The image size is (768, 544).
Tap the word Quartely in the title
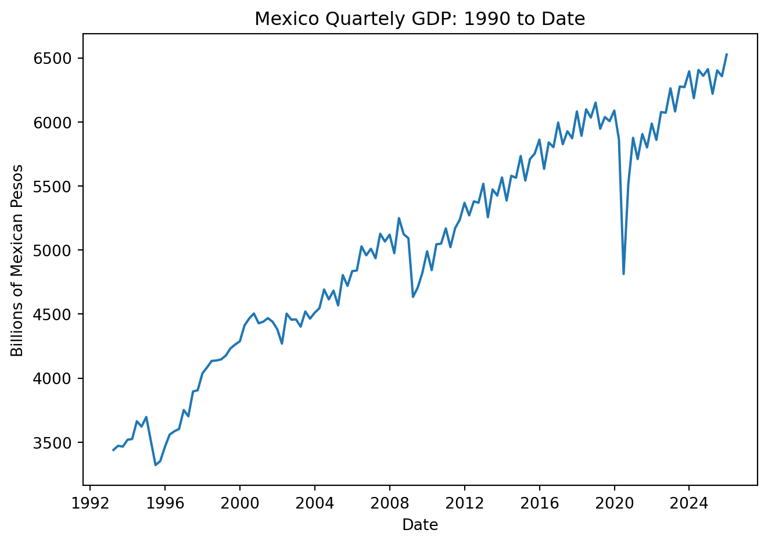(x=356, y=19)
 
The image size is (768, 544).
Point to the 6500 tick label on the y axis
(x=55, y=59)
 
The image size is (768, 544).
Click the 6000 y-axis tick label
(x=55, y=123)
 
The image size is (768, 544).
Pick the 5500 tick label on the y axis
(x=55, y=187)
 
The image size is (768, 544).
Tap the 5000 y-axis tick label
(x=55, y=250)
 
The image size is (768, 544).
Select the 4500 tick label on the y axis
(x=55, y=314)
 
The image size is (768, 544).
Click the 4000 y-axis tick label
(x=55, y=378)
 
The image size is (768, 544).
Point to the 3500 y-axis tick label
(x=55, y=443)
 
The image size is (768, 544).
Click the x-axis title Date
(x=420, y=525)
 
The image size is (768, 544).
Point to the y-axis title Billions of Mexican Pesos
(x=17, y=260)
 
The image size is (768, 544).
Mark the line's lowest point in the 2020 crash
(x=623, y=274)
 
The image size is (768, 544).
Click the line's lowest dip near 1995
(x=155, y=465)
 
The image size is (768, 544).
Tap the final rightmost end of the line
(x=727, y=54)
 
